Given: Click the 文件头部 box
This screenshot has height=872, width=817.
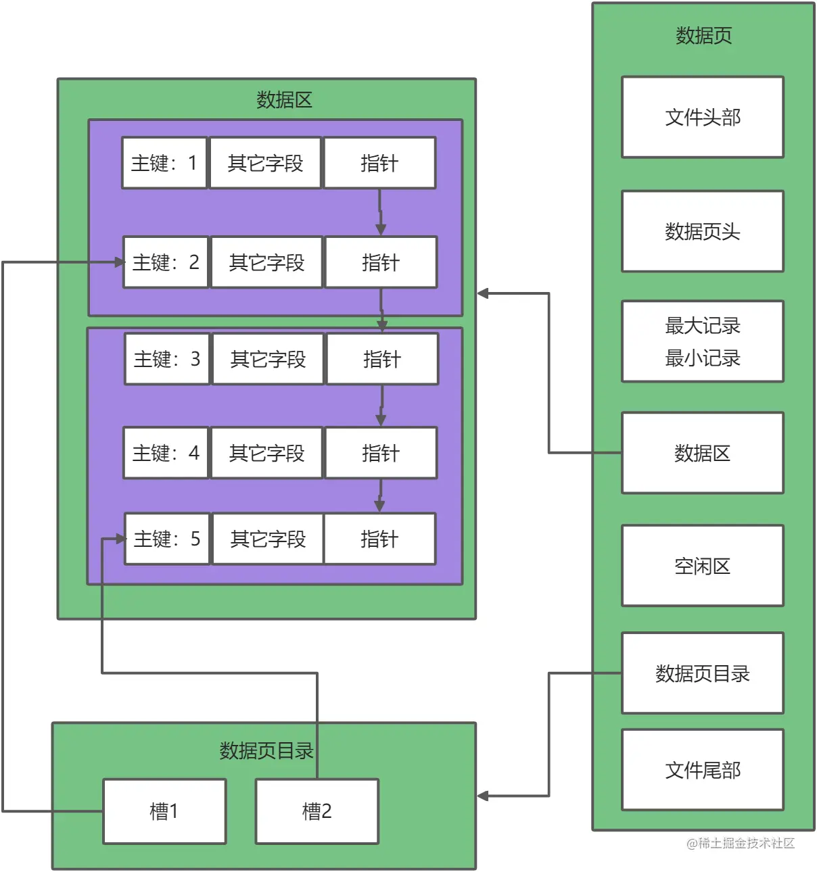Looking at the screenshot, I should (x=702, y=117).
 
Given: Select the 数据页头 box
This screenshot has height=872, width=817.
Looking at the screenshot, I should (x=702, y=231).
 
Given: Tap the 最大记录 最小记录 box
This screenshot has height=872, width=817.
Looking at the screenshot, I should (x=702, y=341).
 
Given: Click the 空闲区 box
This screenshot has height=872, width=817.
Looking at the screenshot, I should (x=702, y=566).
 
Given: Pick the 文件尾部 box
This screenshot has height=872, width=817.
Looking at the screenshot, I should (x=702, y=769).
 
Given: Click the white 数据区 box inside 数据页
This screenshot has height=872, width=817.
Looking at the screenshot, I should (x=702, y=453).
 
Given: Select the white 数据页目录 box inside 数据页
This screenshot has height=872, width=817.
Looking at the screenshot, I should (x=702, y=673).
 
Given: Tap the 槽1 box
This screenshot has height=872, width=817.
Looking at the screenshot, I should (x=164, y=811).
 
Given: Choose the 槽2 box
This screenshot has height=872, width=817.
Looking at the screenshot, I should (x=317, y=811).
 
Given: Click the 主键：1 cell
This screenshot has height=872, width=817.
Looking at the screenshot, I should (x=164, y=163).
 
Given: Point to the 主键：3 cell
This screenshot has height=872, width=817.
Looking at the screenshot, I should (x=167, y=359).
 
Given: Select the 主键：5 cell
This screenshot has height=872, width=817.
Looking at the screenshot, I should (x=167, y=539).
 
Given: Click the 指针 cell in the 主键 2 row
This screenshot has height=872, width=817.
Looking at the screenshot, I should (x=381, y=262).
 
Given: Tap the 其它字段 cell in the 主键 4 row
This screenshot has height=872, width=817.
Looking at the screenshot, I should (x=266, y=453).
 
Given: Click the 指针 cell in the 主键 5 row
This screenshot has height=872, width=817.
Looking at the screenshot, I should (x=379, y=539).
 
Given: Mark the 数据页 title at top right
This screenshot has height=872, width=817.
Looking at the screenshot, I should (x=703, y=35).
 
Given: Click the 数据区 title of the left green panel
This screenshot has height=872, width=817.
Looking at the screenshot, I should (x=284, y=100).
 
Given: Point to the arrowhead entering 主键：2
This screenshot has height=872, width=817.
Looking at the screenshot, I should (x=120, y=262).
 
